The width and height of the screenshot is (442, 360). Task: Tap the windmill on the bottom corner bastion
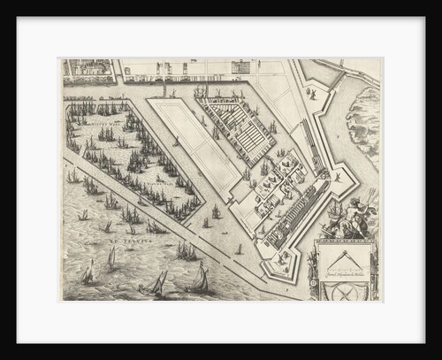(282, 261)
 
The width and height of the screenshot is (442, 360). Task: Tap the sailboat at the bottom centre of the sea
(154, 284)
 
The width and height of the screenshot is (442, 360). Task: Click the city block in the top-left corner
(88, 67)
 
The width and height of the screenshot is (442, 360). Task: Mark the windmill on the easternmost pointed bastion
(337, 177)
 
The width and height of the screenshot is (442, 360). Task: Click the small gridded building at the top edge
(240, 67)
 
